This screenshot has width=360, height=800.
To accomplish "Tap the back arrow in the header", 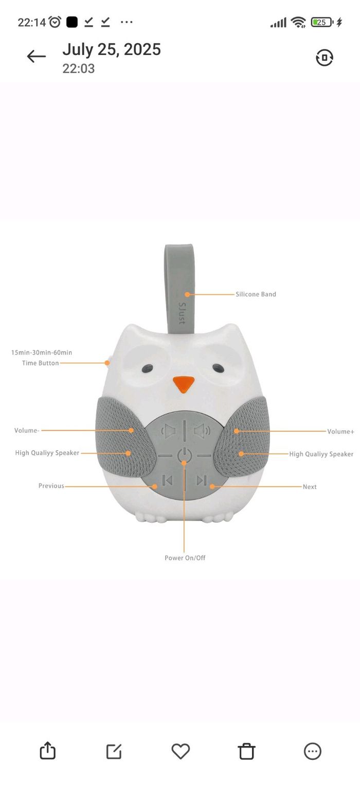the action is point(36,57).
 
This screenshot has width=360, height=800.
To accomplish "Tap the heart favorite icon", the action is point(181,751).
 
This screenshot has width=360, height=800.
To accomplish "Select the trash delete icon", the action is point(246,751).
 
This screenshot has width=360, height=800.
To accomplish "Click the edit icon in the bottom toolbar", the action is point(114,751).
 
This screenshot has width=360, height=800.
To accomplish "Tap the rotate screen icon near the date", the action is point(325,58).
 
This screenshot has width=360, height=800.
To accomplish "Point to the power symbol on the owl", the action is point(184,455).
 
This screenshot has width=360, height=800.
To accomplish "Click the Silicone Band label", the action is point(256,294).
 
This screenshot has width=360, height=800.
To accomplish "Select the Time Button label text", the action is point(40,363).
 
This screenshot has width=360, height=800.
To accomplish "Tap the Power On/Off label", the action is point(185,558).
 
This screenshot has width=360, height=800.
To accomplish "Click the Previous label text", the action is point(51,486).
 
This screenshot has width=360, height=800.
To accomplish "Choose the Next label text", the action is point(310,487).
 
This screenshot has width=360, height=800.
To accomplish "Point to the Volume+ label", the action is point(340,432).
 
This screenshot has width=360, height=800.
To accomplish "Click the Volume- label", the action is point(27,431).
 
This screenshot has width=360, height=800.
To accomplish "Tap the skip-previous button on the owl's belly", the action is point(167,481).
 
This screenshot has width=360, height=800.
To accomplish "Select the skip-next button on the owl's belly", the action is point(202,481).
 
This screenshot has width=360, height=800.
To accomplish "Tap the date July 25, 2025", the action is point(112,49).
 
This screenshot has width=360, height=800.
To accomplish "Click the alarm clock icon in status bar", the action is point(55,22).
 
